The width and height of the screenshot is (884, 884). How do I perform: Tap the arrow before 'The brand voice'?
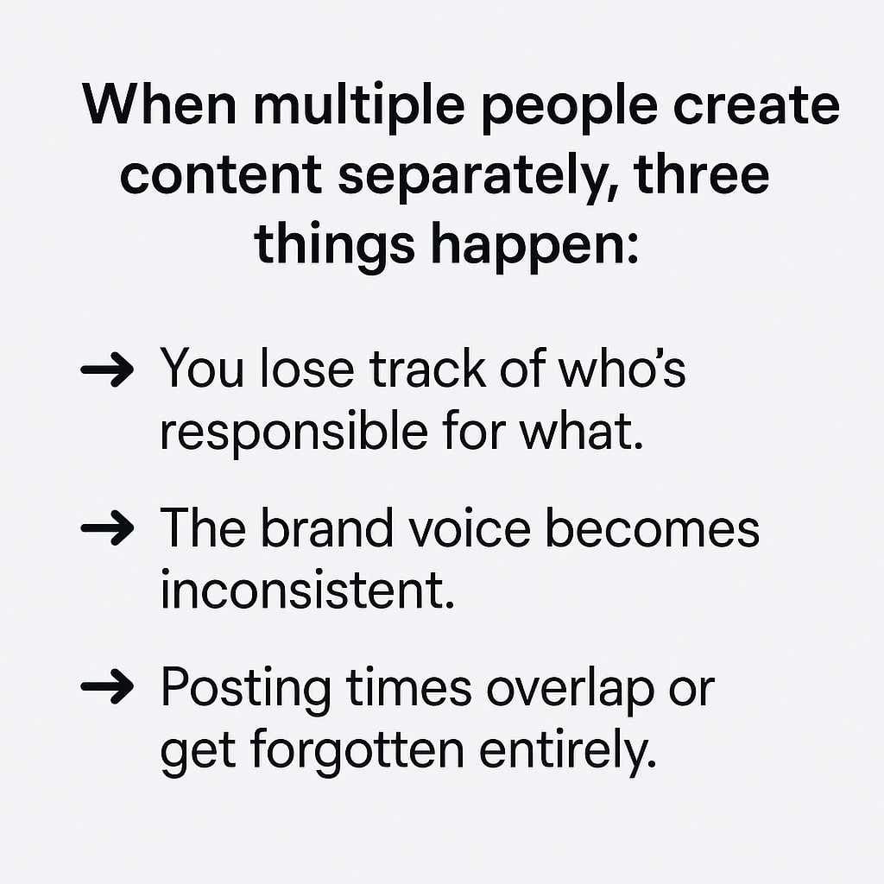(106, 527)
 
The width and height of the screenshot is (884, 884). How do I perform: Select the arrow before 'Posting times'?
(106, 688)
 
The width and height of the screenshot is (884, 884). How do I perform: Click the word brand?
(324, 527)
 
